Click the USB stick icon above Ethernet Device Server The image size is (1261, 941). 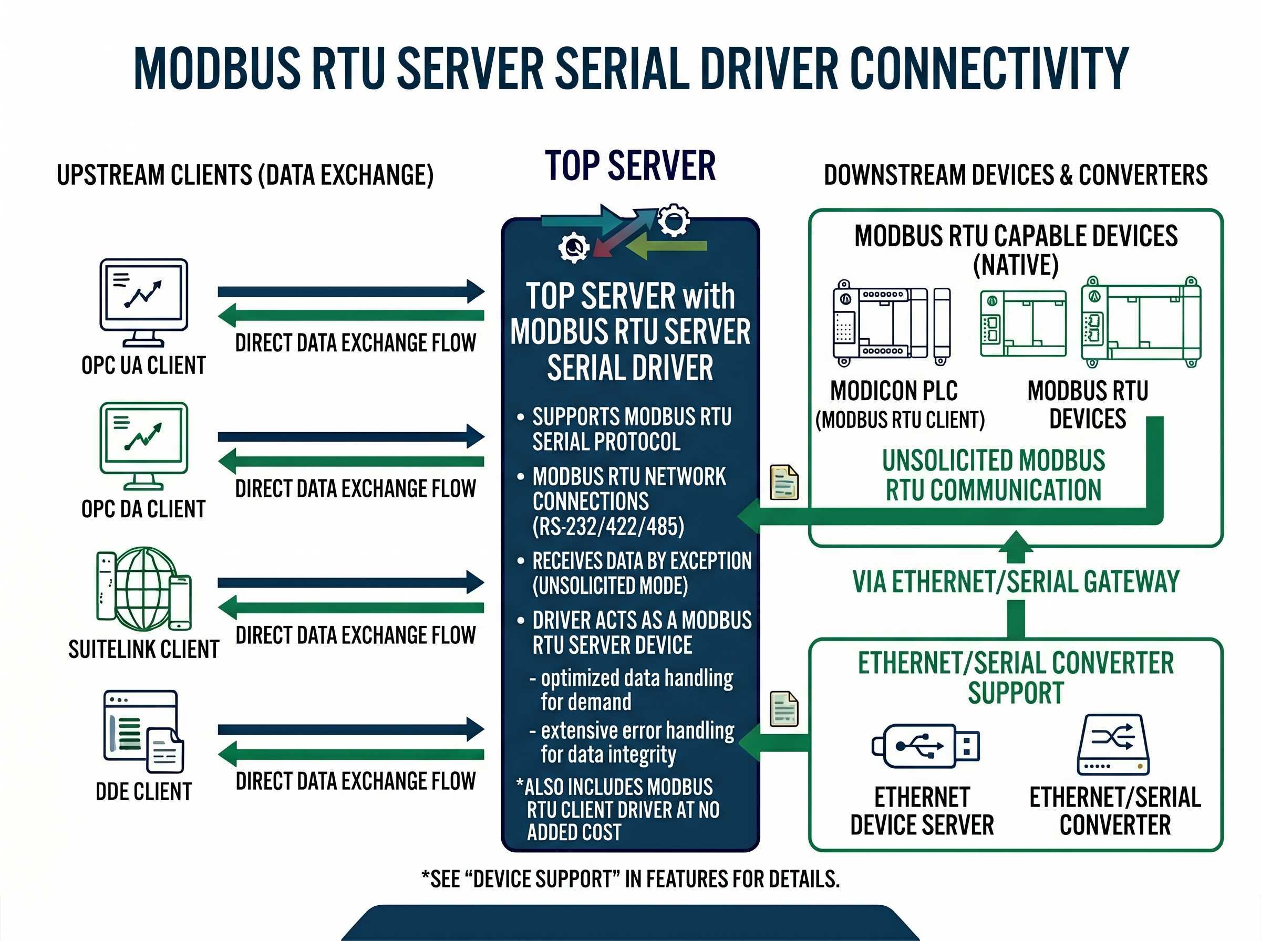pyautogui.click(x=925, y=746)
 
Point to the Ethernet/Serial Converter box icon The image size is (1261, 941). pyautogui.click(x=1113, y=745)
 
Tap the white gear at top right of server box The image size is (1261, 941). pyautogui.click(x=674, y=221)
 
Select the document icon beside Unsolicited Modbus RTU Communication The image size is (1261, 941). pyautogui.click(x=784, y=482)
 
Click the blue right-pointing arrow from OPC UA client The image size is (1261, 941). pyautogui.click(x=350, y=291)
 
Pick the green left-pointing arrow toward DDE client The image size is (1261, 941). pyautogui.click(x=350, y=754)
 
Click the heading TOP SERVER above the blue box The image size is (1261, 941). pyautogui.click(x=629, y=166)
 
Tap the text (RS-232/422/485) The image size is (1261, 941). pyautogui.click(x=607, y=526)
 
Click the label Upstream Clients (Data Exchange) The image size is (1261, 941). pyautogui.click(x=245, y=175)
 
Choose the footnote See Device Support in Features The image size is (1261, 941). pyautogui.click(x=630, y=879)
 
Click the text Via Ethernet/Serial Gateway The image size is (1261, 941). pyautogui.click(x=1016, y=582)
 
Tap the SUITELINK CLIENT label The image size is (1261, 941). pyautogui.click(x=143, y=650)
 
